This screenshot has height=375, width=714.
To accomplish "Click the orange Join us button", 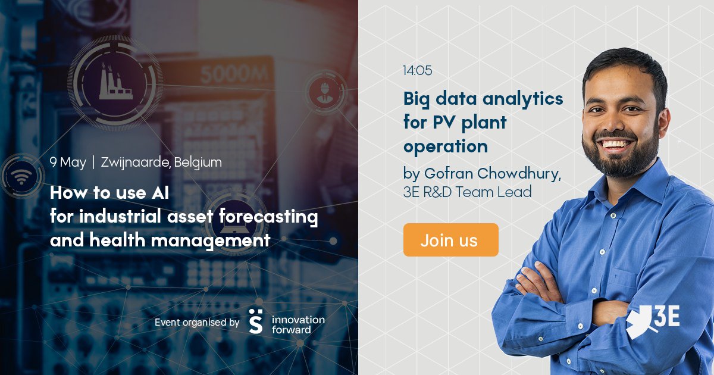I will coord(450,240).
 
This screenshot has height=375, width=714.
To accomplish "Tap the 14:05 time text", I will coord(417,71).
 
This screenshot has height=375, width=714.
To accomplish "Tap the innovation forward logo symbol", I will coord(255,321).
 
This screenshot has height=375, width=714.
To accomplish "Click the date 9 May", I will coord(68,162).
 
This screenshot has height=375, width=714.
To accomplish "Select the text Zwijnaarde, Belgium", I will coord(161,162).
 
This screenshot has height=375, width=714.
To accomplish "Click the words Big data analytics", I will coord(483,99).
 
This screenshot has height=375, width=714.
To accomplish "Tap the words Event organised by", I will coord(197,323).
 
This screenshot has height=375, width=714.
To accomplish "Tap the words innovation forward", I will coord(298,324).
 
